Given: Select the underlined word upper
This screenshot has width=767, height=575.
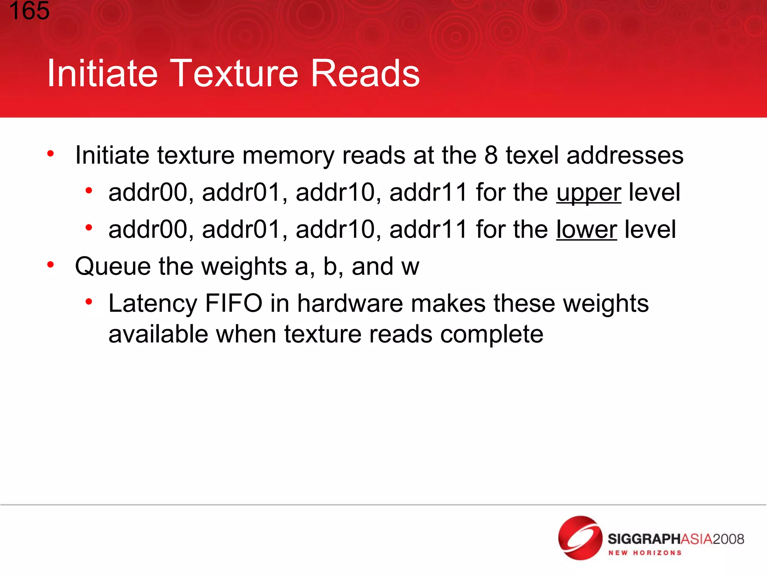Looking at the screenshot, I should (x=588, y=193).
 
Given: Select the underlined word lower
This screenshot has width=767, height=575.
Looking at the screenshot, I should (x=586, y=229).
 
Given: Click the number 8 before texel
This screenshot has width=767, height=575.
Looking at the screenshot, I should (x=491, y=155).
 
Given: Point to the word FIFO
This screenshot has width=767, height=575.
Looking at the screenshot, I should (x=234, y=303).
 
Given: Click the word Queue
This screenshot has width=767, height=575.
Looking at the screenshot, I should (x=113, y=267).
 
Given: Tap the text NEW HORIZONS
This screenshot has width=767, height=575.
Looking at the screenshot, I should (x=645, y=553).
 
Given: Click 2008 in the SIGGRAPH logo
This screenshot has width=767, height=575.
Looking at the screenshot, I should (x=728, y=539).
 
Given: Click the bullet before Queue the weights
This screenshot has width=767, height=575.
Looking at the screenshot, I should (x=51, y=265).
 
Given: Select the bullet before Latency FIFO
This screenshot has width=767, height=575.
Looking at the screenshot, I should (x=89, y=301).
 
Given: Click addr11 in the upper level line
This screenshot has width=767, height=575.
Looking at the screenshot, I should (x=428, y=193).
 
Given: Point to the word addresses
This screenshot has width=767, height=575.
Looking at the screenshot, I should (x=625, y=155).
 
